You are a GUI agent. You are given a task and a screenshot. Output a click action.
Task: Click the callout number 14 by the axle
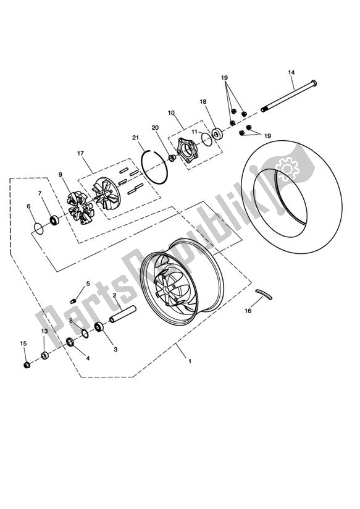tap(291, 73)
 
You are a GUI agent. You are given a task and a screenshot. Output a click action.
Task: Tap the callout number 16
tap(248, 311)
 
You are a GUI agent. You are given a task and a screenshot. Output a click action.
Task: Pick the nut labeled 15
tap(27, 365)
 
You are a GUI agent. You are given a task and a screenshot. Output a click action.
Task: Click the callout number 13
tap(44, 332)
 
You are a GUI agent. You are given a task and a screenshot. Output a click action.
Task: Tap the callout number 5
tap(88, 284)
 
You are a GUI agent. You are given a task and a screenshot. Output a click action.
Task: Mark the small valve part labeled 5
tap(73, 301)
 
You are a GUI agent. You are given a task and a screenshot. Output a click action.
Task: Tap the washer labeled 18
tap(218, 133)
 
